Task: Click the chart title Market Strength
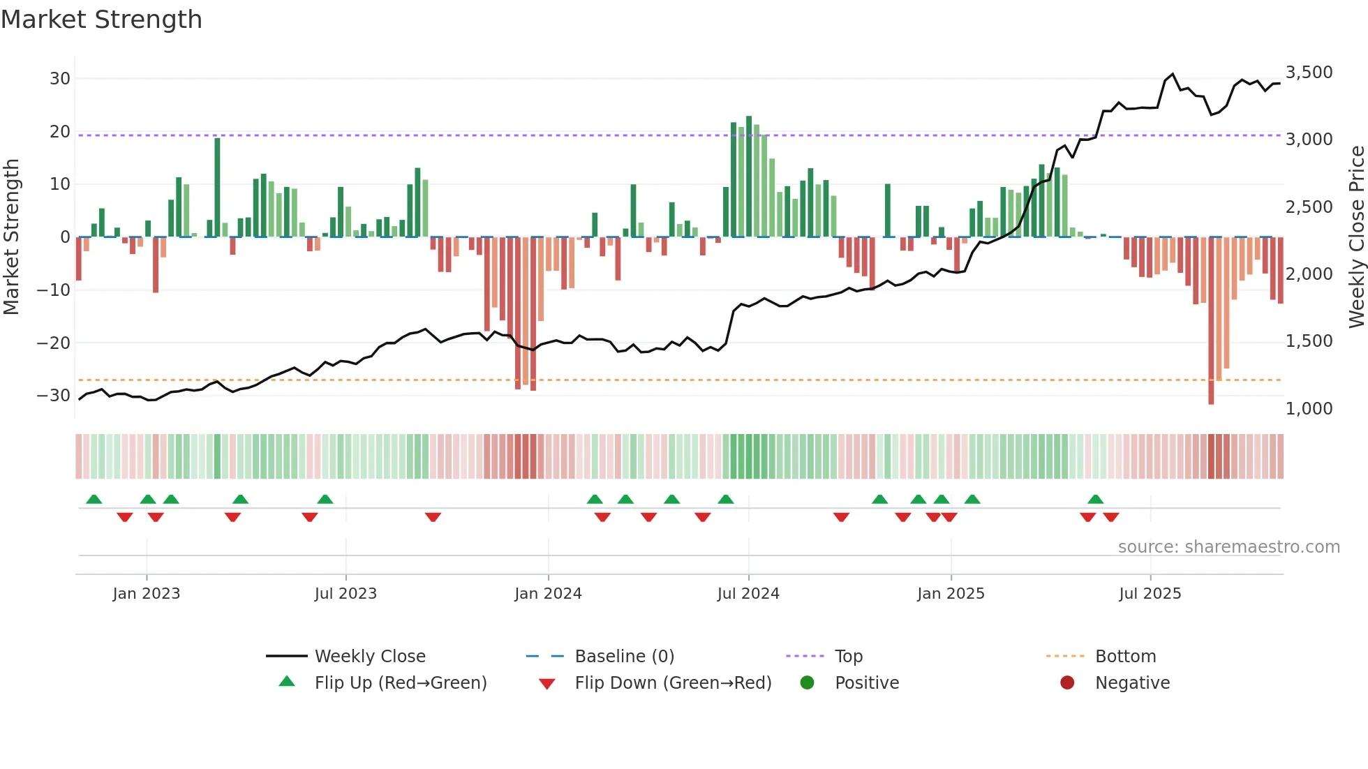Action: [101, 20]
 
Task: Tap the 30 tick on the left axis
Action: [60, 79]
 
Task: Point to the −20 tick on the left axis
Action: [54, 343]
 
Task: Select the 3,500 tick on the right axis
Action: [1309, 73]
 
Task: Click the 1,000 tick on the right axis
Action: [1309, 408]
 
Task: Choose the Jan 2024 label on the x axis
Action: [548, 594]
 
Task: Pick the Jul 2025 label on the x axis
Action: [1150, 594]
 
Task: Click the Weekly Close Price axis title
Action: [1356, 237]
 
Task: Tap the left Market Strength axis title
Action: [11, 237]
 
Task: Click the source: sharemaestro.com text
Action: [1228, 547]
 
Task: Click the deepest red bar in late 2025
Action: [1211, 321]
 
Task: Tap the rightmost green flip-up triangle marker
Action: [1096, 500]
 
